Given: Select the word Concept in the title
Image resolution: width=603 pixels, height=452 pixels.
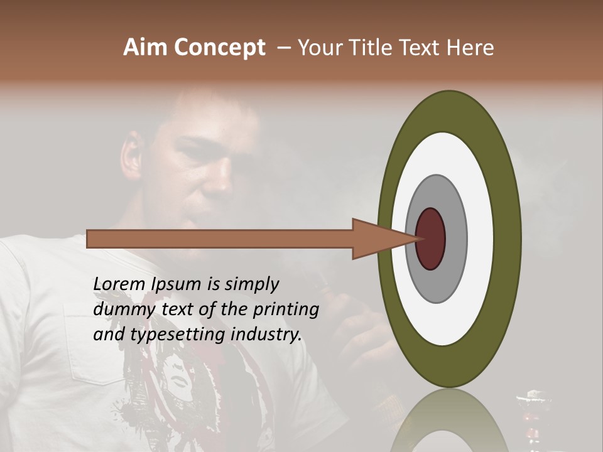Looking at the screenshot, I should click(219, 48).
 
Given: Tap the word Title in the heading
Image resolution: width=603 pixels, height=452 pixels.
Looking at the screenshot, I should click(372, 48).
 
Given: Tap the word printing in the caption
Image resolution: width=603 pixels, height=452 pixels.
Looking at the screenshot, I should click(285, 310).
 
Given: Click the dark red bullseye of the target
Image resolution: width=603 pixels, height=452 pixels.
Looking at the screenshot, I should click(431, 239).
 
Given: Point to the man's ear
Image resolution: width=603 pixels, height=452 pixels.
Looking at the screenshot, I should click(131, 157).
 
